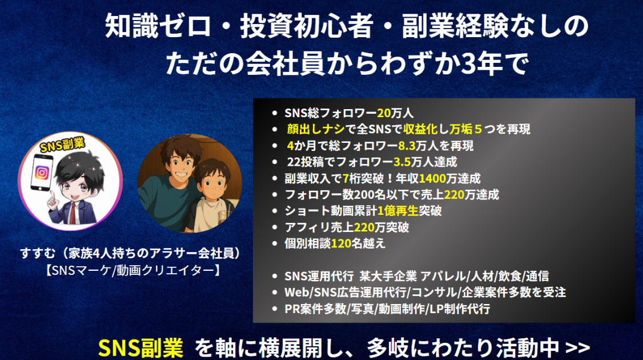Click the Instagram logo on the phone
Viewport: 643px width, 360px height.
tap(42, 173)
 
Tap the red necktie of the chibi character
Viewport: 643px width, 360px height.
tap(73, 212)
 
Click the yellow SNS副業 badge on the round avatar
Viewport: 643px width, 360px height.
tap(62, 145)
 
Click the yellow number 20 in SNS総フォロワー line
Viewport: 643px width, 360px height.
tap(384, 113)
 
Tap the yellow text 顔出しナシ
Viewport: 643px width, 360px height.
tap(316, 129)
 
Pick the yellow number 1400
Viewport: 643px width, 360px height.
tap(432, 178)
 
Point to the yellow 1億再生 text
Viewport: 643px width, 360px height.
tap(397, 211)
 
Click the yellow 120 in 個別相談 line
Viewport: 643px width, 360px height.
tap(341, 243)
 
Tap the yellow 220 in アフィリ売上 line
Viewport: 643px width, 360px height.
tap(364, 227)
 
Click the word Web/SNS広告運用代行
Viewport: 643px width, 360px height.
tap(345, 292)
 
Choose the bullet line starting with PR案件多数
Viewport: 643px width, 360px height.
tap(387, 309)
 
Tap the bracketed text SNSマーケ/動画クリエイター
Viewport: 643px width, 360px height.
tap(134, 270)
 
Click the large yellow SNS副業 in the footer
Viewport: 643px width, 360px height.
tap(140, 348)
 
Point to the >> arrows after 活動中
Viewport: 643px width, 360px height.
tap(577, 348)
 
